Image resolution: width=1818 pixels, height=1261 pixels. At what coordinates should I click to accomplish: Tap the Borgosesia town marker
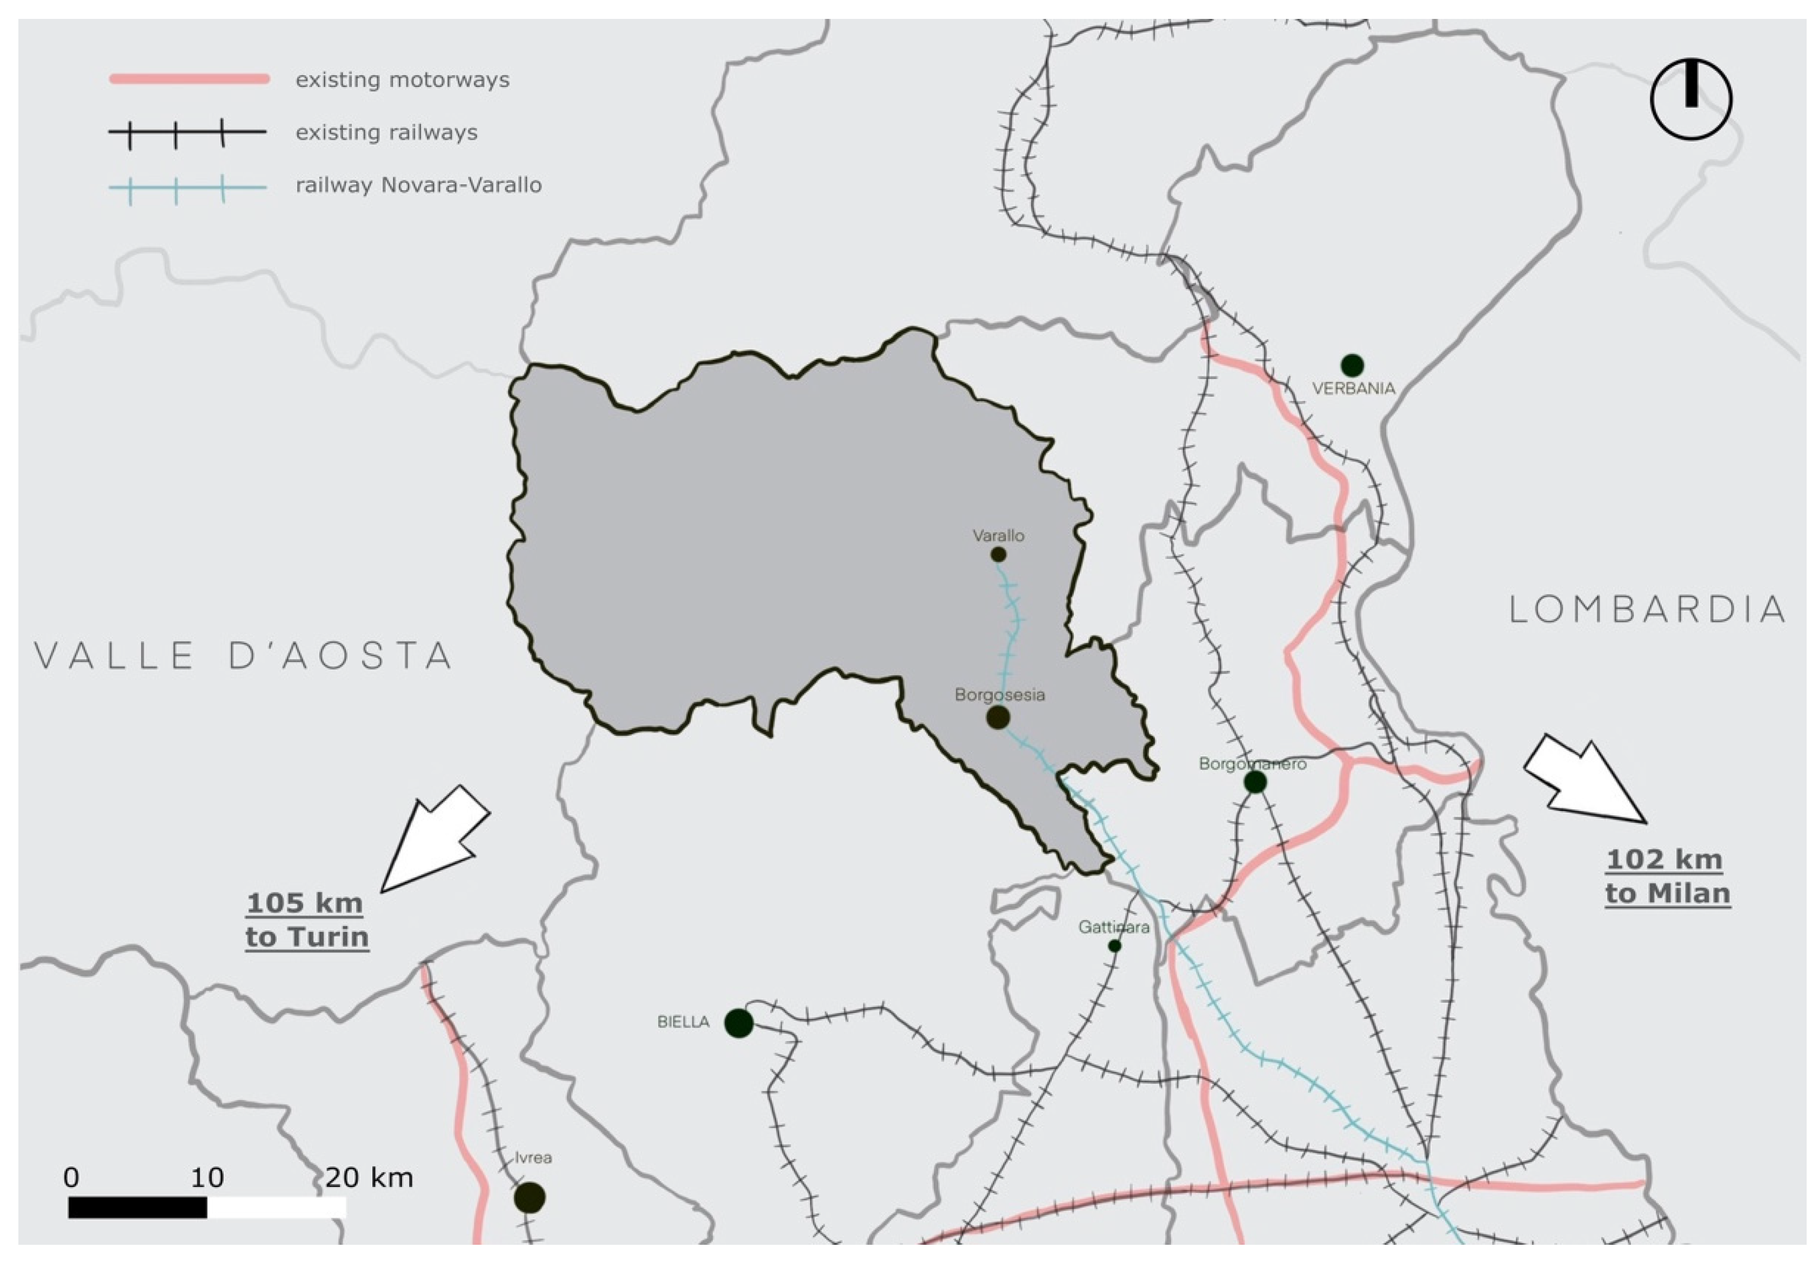tap(998, 716)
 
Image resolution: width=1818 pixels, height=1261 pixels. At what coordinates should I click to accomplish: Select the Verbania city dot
tap(1352, 365)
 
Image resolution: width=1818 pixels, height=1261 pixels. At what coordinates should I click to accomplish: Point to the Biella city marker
tap(739, 1022)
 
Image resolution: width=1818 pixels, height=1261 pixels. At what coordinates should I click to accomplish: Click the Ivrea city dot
tap(530, 1198)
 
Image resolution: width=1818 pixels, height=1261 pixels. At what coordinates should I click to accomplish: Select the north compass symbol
tap(1691, 99)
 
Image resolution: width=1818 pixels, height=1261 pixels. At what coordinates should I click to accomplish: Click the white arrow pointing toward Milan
tap(1584, 778)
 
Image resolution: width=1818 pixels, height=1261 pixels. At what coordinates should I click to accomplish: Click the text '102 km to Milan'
tap(1667, 876)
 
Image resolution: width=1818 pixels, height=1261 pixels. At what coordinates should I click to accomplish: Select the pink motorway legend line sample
tap(190, 79)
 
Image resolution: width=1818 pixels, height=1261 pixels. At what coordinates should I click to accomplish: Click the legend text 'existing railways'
tap(386, 132)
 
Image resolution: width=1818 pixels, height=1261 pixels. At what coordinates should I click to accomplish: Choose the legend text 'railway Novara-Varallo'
tap(419, 185)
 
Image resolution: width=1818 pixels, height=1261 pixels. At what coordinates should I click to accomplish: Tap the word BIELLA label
tap(684, 1022)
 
